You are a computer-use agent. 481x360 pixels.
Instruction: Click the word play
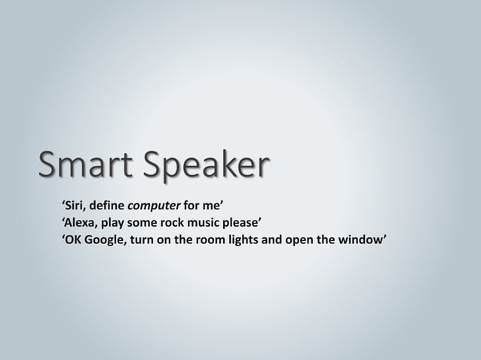tap(121, 224)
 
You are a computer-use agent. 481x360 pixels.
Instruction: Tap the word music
tap(218, 223)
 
